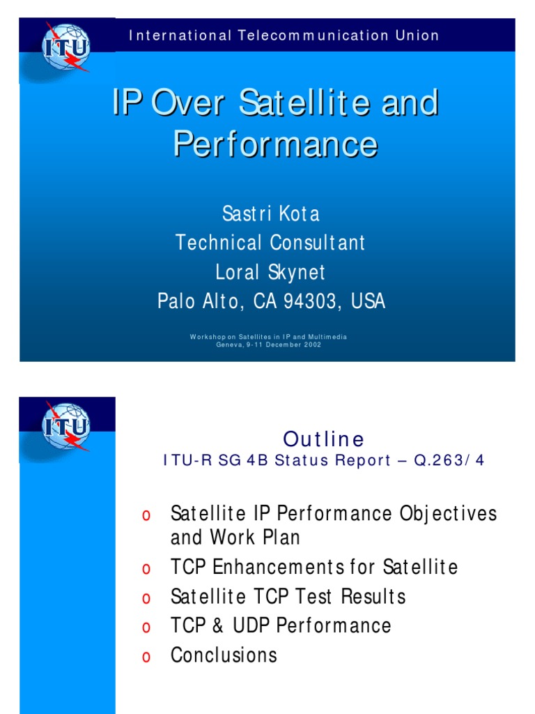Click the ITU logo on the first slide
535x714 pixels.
click(x=66, y=47)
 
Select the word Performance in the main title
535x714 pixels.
click(x=275, y=144)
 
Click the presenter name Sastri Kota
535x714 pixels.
click(x=270, y=213)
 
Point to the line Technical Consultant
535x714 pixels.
click(x=270, y=243)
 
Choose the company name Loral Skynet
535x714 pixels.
click(x=270, y=272)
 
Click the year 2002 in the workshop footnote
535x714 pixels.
click(x=311, y=345)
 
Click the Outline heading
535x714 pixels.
click(x=323, y=439)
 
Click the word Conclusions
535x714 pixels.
click(x=224, y=655)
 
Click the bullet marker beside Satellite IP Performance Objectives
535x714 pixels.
click(x=146, y=515)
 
